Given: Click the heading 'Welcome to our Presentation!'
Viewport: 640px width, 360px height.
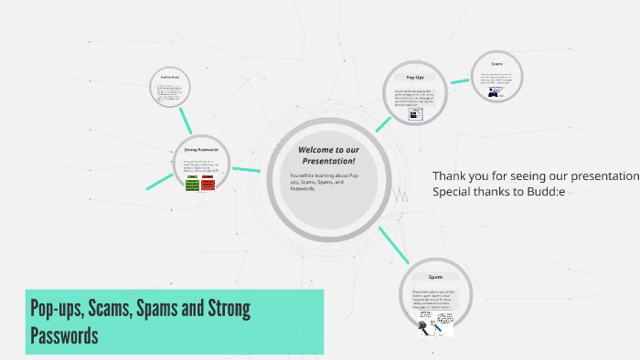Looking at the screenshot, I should [326, 154].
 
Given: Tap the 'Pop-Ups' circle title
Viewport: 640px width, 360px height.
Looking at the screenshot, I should [414, 77].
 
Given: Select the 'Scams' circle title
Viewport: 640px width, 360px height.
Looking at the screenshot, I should [496, 64].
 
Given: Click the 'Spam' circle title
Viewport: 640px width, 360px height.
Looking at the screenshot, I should [435, 276].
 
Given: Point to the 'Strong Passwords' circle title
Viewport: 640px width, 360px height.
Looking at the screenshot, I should [201, 149].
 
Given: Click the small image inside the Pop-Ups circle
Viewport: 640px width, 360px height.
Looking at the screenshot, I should [415, 114].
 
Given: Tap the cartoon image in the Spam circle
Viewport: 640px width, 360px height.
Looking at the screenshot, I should [436, 324].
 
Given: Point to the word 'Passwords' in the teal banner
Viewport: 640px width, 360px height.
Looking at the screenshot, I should [64, 335].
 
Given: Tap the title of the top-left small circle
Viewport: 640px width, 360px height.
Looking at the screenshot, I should [170, 78].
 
